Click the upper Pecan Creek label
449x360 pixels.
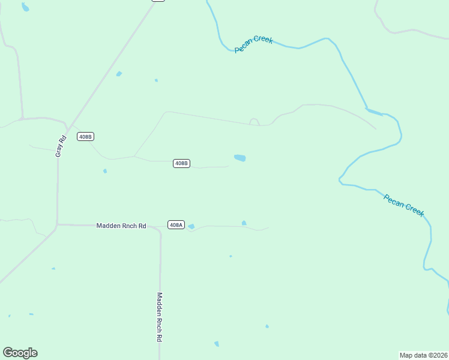(254, 44)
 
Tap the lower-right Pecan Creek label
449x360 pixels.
(404, 205)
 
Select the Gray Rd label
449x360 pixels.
(59, 146)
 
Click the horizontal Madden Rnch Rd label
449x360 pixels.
(121, 226)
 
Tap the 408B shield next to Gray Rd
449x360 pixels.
(85, 137)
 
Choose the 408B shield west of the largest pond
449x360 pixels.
(181, 163)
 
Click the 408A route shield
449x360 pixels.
(175, 225)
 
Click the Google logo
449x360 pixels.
(20, 353)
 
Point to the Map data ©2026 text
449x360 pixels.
(423, 355)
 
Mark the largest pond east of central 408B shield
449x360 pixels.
(240, 158)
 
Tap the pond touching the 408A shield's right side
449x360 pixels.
(191, 226)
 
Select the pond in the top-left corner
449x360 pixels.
(25, 7)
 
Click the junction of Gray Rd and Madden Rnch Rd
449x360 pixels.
(57, 225)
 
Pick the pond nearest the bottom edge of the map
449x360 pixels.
(217, 344)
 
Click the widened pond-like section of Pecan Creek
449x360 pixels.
(373, 111)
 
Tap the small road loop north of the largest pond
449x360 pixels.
(254, 121)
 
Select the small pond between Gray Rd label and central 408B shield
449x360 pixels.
(105, 171)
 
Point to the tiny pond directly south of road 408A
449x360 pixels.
(231, 256)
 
